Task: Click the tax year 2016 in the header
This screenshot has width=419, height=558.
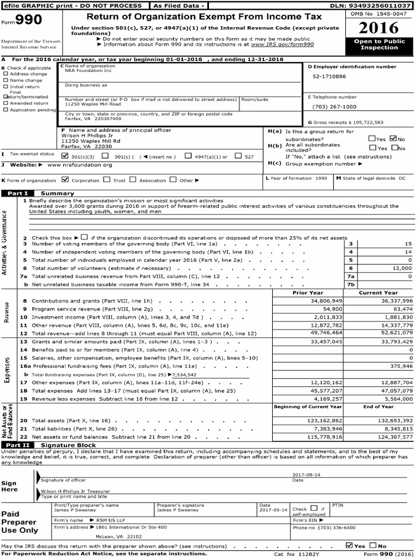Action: coord(379,28)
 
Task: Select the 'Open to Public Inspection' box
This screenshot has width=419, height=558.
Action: coord(379,45)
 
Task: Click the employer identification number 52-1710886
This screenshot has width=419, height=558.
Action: coord(329,77)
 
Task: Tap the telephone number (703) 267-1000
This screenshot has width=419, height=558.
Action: coord(334,107)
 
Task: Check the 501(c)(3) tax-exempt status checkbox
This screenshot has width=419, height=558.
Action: coord(65,156)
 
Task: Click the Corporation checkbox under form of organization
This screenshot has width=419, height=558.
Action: coord(65,179)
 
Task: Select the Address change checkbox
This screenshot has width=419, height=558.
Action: coord(6,74)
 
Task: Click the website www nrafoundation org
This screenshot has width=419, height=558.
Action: coord(80,165)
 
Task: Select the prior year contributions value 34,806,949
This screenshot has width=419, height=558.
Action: coord(326,300)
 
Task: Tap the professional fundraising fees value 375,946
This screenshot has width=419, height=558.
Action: coord(397,366)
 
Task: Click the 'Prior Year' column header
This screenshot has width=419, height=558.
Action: coord(308,293)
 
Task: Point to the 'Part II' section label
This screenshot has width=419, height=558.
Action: coord(17,445)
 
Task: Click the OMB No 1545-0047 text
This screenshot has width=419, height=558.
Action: coord(379,13)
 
